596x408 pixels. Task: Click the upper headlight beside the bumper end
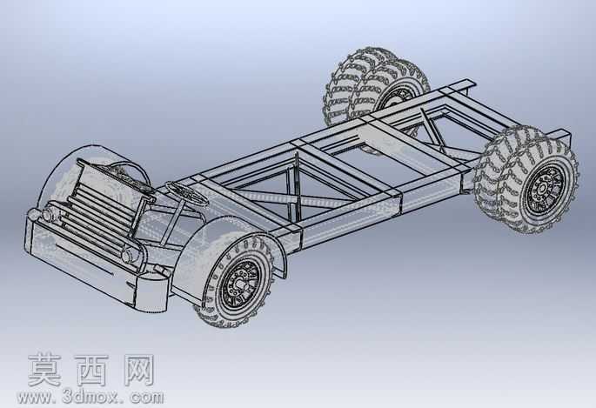[x=48, y=214]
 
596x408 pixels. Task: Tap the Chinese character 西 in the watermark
[x=91, y=370]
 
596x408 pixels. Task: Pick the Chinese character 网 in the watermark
[x=139, y=370]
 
